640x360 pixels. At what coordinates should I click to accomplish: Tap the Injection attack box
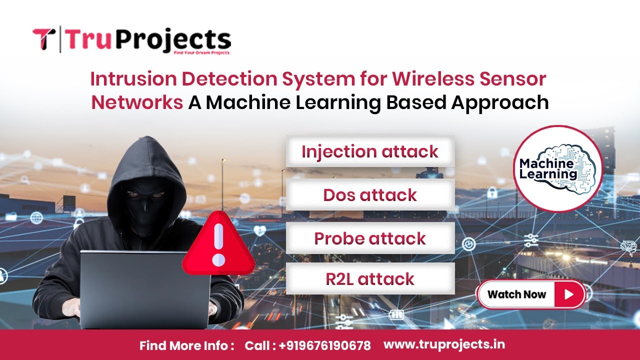[x=370, y=151]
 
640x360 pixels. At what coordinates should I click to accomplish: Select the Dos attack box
[x=370, y=194]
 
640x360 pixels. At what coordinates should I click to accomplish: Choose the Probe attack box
[x=370, y=238]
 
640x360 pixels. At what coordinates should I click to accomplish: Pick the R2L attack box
[x=370, y=278]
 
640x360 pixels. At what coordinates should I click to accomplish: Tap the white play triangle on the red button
[x=568, y=294]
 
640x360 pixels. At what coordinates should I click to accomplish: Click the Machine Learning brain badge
[x=558, y=169]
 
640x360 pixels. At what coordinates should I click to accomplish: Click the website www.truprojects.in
[x=444, y=344]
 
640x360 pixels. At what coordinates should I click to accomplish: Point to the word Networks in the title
[x=136, y=102]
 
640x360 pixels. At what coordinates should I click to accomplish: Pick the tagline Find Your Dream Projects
[x=201, y=52]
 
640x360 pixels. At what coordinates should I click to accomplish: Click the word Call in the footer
[x=258, y=345]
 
